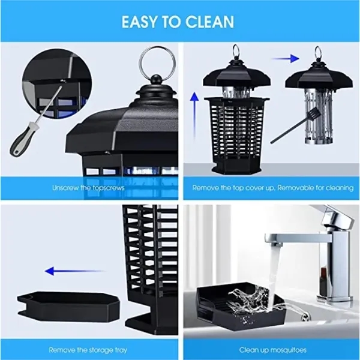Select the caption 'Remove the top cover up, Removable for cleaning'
(273, 188)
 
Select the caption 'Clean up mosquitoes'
(272, 350)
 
